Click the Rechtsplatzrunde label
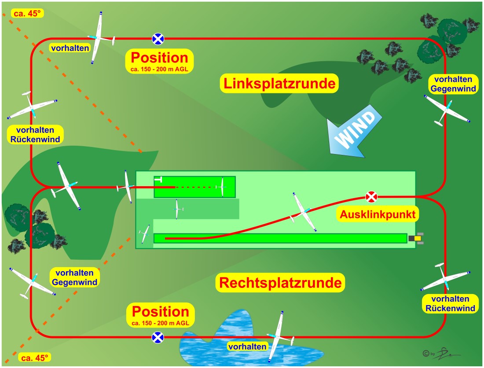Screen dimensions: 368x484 click(x=280, y=282)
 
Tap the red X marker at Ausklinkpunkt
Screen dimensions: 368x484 click(x=372, y=197)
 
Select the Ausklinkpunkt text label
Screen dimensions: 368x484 click(x=378, y=215)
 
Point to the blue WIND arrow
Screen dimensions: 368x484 click(x=355, y=131)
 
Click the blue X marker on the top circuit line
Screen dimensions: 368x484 click(x=158, y=39)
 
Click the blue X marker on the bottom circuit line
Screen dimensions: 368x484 click(x=158, y=337)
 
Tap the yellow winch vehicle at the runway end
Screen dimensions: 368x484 click(x=417, y=238)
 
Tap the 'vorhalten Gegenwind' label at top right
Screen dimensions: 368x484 click(x=453, y=84)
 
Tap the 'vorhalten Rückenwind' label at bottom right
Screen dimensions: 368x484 click(x=450, y=304)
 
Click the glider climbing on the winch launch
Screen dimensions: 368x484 click(x=303, y=212)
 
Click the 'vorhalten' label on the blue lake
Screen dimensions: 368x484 click(x=247, y=346)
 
